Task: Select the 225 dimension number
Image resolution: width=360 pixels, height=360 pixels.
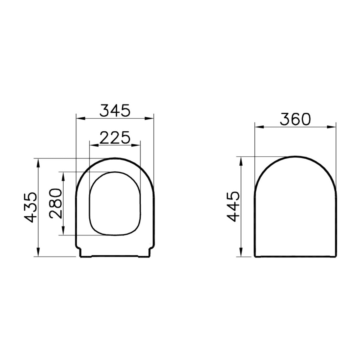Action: (x=115, y=137)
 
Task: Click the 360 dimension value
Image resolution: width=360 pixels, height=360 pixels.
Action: (x=295, y=119)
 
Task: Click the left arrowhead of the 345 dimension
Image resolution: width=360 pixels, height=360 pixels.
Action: (x=79, y=118)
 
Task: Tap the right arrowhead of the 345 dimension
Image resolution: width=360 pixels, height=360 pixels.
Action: (x=150, y=118)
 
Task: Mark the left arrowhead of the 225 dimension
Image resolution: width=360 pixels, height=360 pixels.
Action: (x=93, y=145)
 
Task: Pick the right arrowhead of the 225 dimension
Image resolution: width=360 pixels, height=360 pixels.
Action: (x=137, y=145)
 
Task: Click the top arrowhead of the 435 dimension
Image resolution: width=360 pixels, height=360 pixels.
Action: (x=38, y=162)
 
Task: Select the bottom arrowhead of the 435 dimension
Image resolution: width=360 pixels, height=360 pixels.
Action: (x=38, y=253)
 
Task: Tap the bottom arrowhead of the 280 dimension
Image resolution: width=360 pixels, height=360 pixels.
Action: (x=63, y=231)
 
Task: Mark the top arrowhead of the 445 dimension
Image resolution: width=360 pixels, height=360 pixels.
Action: (x=240, y=160)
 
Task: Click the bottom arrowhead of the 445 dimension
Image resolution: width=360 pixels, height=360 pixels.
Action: (x=240, y=253)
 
